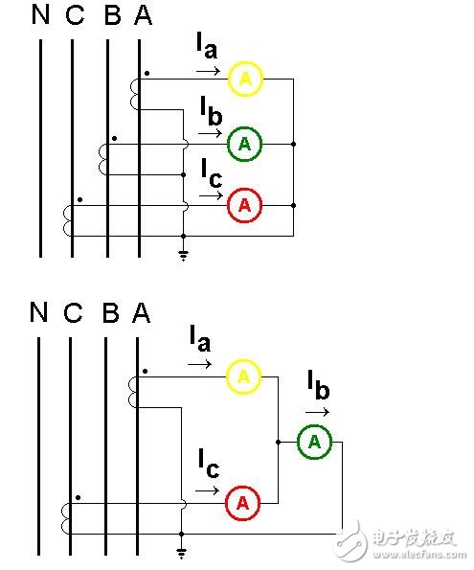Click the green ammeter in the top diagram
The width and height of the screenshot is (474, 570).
coord(244,144)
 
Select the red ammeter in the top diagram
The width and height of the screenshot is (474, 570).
coord(244,205)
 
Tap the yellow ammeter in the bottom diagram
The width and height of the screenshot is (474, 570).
coord(243,378)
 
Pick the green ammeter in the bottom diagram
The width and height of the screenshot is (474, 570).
coord(314,442)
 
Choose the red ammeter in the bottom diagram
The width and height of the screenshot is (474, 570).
coord(243,501)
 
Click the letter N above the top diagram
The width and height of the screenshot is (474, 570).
coord(40,16)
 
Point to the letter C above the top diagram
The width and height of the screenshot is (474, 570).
coord(74,16)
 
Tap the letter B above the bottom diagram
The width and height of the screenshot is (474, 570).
coord(109,313)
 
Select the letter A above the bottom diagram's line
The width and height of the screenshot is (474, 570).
coord(142,313)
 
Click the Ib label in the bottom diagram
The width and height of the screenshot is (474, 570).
coord(318,387)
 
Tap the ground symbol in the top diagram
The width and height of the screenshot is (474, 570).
coord(182,254)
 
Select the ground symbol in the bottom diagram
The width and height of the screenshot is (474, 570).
coord(182,552)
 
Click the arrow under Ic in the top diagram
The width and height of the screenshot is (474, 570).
coord(208,196)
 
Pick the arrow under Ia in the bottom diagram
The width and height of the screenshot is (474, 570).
coord(199,365)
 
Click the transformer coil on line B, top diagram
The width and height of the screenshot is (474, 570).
coord(103,159)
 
